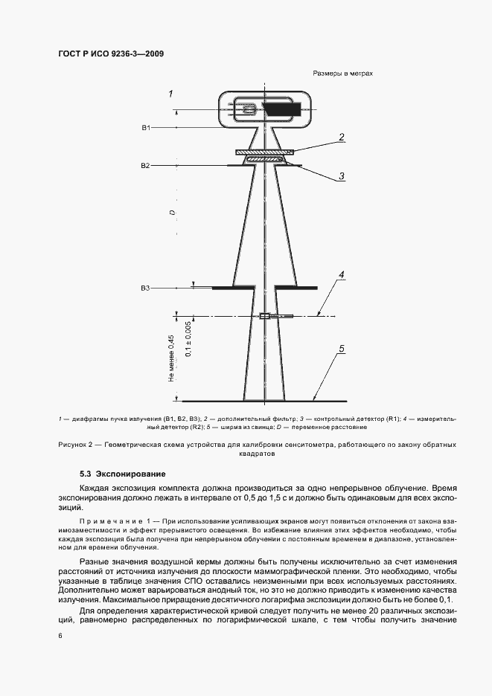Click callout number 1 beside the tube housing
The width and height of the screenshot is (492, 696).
click(x=170, y=94)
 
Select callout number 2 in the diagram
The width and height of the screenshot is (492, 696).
click(x=341, y=137)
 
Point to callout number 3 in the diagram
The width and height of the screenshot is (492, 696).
click(x=341, y=176)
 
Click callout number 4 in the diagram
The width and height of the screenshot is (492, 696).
click(x=342, y=275)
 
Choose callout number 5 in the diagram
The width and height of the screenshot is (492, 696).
click(x=342, y=348)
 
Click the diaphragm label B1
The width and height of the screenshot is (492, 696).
click(x=146, y=128)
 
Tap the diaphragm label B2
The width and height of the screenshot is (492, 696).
click(x=146, y=165)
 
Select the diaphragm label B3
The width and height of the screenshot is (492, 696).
click(x=146, y=287)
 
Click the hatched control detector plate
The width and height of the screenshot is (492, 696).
click(x=264, y=158)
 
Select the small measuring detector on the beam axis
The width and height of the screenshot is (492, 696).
click(x=264, y=317)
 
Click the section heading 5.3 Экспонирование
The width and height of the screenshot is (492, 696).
click(x=122, y=474)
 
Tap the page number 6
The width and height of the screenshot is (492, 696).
click(x=60, y=636)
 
